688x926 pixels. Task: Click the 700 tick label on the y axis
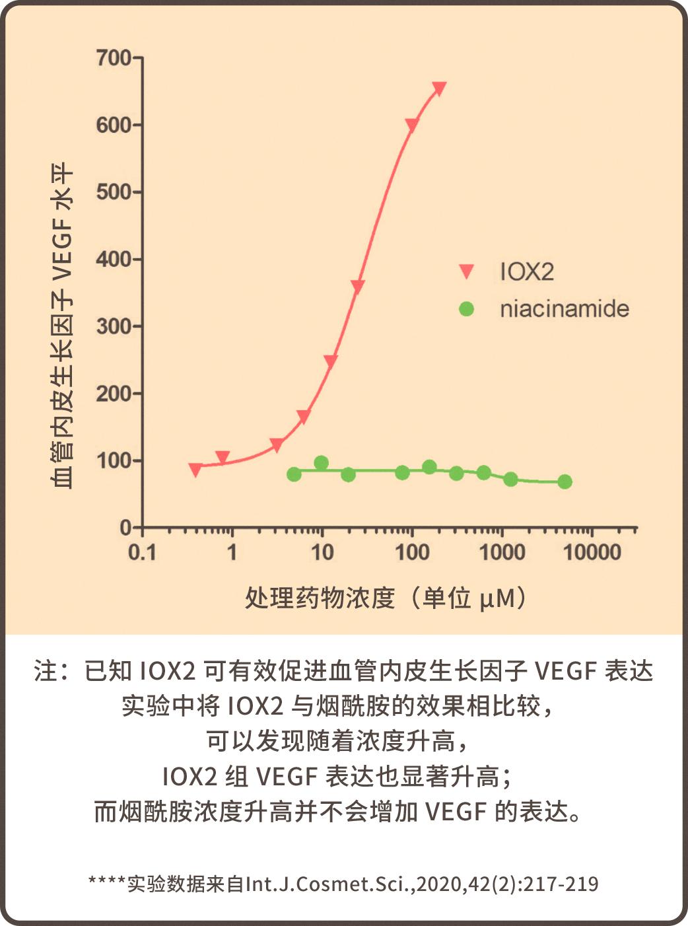[x=114, y=58]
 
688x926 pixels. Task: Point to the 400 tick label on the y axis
[x=114, y=259]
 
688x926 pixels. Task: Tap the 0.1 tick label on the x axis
[x=142, y=552]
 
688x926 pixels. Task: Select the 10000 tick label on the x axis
[x=592, y=552]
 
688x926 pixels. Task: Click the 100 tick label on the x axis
[x=412, y=552]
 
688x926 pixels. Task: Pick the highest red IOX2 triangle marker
[x=439, y=89]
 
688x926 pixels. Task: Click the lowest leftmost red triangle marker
[x=195, y=470]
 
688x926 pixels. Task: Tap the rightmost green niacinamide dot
[x=565, y=481]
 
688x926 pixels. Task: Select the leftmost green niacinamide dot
[x=294, y=474]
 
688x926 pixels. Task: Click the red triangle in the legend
[x=467, y=271]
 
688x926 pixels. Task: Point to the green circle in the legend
[x=467, y=308]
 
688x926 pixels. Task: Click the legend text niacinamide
[x=565, y=308]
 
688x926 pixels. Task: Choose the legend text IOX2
[x=527, y=271]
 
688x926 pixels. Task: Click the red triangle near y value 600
[x=411, y=125]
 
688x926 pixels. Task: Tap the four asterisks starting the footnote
[x=106, y=882]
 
